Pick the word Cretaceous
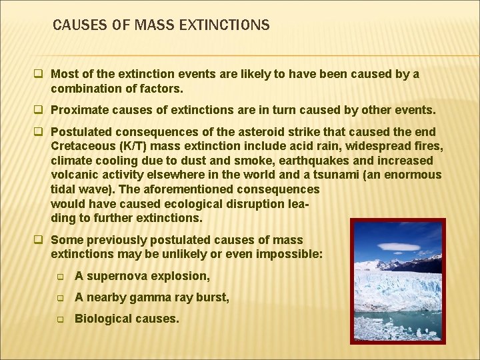coord(81,146)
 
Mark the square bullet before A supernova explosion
coord(60,276)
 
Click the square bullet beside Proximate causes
coord(41,109)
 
